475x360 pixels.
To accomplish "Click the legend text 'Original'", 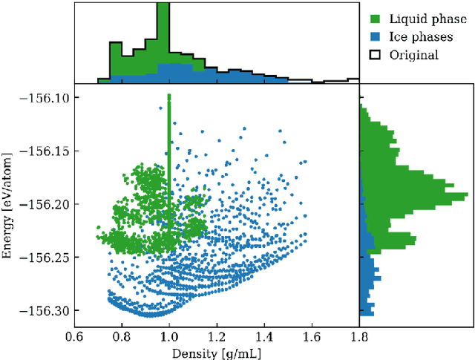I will [418, 55].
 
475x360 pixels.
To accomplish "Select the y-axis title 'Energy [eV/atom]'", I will [8, 205].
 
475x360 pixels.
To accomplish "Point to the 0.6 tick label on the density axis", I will [74, 336].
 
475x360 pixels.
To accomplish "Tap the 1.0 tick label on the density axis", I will [169, 336].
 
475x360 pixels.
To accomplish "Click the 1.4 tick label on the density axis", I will [264, 336].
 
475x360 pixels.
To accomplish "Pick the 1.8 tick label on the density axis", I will [359, 336].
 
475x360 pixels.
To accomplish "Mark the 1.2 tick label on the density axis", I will [217, 336].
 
